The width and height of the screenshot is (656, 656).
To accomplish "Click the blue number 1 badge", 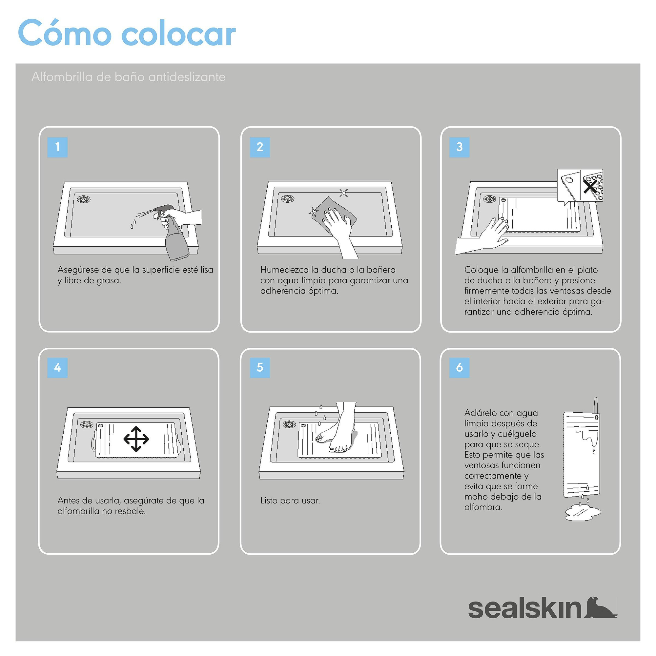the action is click(57, 147).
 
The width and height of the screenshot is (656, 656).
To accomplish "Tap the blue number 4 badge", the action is click(57, 367).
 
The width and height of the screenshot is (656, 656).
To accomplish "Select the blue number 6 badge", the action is click(459, 367).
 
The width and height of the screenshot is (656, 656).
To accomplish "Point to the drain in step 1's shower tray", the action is click(84, 199).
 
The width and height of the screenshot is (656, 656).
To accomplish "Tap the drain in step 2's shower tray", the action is click(288, 199).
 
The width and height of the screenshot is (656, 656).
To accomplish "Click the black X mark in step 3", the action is click(590, 186).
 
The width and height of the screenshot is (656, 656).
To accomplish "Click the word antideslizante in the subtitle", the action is click(187, 77).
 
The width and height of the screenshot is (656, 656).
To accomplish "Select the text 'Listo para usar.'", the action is click(290, 501).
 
